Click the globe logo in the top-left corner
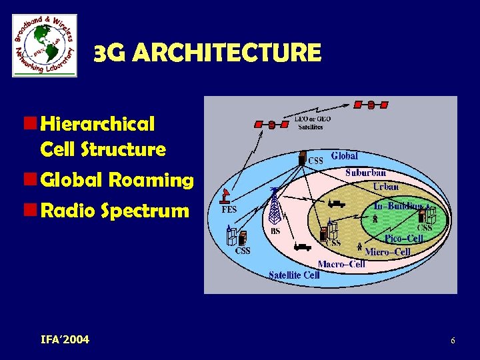point(45,45)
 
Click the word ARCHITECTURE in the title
point(227,53)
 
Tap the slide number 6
point(453,341)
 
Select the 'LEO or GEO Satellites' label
point(313,122)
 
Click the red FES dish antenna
point(227,195)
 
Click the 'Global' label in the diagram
point(344,155)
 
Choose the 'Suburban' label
point(365,173)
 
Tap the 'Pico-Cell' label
point(403,238)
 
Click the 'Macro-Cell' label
point(341,264)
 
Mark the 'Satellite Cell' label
point(294,275)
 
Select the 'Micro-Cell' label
point(387,252)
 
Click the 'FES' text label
point(229,209)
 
